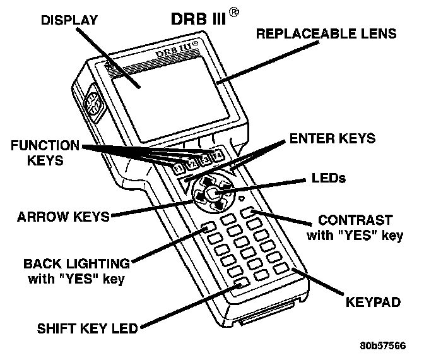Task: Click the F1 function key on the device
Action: (x=179, y=168)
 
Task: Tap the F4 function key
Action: (x=216, y=155)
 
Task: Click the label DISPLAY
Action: (x=69, y=20)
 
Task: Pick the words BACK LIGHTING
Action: (x=76, y=263)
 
